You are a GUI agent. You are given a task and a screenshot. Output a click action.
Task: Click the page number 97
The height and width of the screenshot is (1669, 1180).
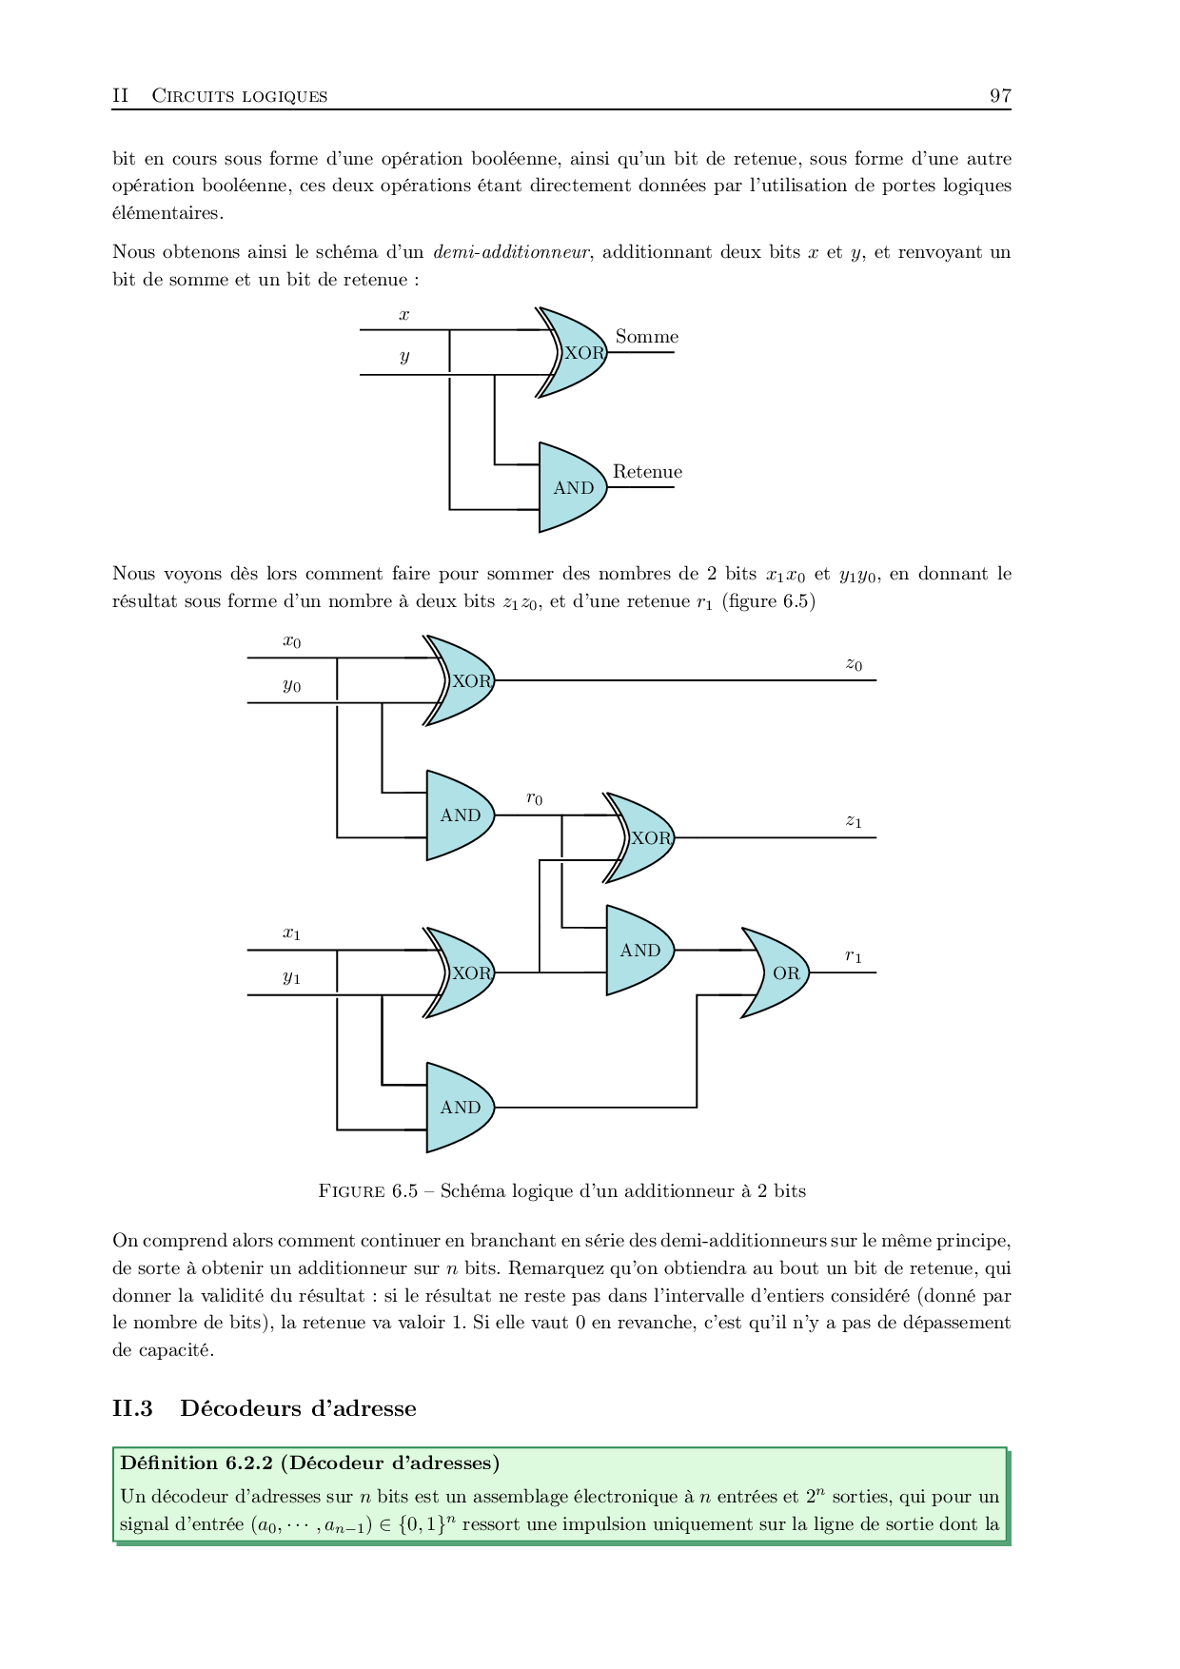tap(1000, 95)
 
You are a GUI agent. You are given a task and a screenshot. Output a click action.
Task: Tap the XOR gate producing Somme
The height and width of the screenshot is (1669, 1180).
tap(575, 352)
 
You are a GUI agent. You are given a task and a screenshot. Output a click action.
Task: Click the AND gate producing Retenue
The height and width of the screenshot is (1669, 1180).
tap(571, 487)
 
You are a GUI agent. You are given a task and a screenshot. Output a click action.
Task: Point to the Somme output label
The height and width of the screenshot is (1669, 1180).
tap(647, 337)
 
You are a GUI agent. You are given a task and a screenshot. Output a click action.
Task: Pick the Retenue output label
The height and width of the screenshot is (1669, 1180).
tap(647, 472)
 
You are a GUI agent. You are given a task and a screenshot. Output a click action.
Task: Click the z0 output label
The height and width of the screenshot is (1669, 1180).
tap(854, 665)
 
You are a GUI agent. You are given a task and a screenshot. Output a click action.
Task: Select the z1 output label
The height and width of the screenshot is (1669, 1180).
tap(854, 821)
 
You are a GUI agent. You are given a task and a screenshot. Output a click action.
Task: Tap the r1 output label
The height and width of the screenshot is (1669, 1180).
tap(854, 956)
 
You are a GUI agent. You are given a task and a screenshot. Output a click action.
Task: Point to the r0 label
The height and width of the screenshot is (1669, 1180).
tap(535, 799)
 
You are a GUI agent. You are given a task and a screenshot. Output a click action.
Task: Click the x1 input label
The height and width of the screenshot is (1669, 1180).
tap(291, 933)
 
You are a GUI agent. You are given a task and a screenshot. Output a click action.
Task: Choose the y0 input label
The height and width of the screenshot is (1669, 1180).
tap(291, 685)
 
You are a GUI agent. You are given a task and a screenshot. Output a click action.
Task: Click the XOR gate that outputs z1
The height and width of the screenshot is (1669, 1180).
tap(642, 837)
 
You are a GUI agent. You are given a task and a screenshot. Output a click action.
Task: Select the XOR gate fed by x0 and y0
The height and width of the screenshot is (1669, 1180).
tap(462, 680)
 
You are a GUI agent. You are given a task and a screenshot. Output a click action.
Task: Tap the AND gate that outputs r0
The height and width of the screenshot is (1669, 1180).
tap(459, 815)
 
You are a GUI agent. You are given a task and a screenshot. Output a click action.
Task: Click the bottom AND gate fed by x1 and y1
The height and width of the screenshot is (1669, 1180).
tap(459, 1108)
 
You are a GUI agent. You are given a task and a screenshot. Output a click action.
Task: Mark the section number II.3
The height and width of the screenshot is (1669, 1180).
tap(132, 1408)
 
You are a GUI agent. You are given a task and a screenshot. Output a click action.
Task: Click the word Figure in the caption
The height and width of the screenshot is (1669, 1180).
tap(353, 1191)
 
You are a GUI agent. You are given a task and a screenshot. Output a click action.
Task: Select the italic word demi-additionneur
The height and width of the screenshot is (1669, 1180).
tap(511, 252)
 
